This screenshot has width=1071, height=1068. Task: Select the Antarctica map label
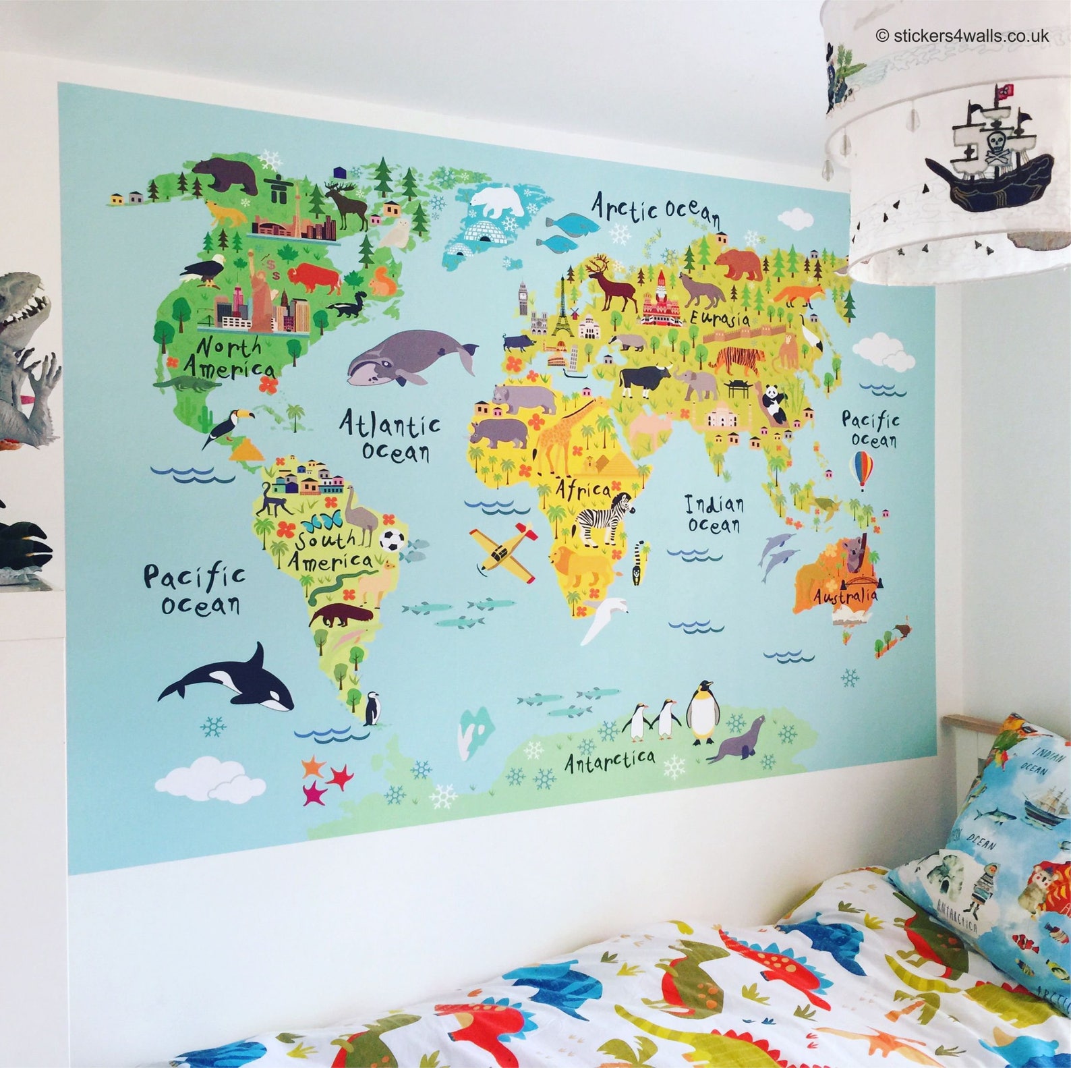click(x=609, y=760)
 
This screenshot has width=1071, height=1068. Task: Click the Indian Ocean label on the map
click(x=714, y=514)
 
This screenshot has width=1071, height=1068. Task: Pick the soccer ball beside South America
click(x=392, y=540)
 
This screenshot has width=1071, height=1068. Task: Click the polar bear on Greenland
click(x=498, y=200)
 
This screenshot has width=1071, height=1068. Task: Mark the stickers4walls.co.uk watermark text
click(x=962, y=36)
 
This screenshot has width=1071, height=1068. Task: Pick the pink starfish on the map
click(x=315, y=793)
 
